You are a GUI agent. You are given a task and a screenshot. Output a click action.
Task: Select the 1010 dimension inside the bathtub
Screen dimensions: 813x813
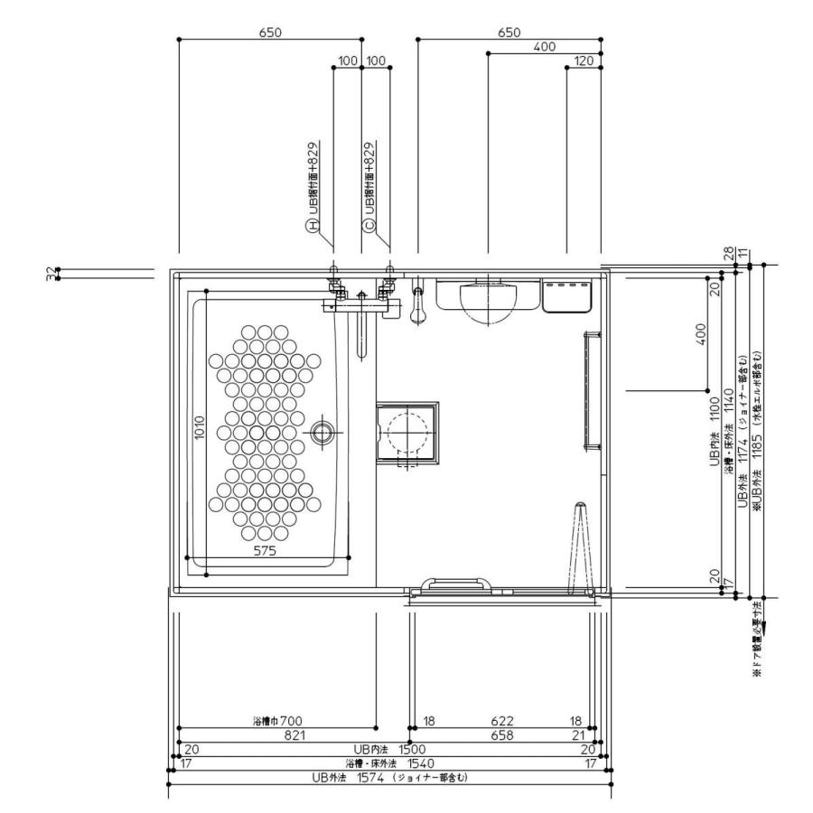click(200, 432)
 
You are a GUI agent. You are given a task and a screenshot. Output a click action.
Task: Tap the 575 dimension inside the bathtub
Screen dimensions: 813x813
click(264, 549)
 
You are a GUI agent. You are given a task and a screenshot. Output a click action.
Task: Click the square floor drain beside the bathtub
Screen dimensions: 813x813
click(406, 432)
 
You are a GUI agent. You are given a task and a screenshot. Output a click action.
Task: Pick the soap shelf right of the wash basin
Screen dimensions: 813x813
click(566, 295)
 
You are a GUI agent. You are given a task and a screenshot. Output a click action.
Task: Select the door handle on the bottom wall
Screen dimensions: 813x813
click(460, 585)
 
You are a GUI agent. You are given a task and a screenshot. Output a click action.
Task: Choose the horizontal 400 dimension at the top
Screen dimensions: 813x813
click(544, 47)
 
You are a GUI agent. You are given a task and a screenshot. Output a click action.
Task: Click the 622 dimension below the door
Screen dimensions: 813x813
click(502, 721)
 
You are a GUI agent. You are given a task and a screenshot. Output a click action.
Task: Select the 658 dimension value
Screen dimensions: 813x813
click(502, 735)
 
